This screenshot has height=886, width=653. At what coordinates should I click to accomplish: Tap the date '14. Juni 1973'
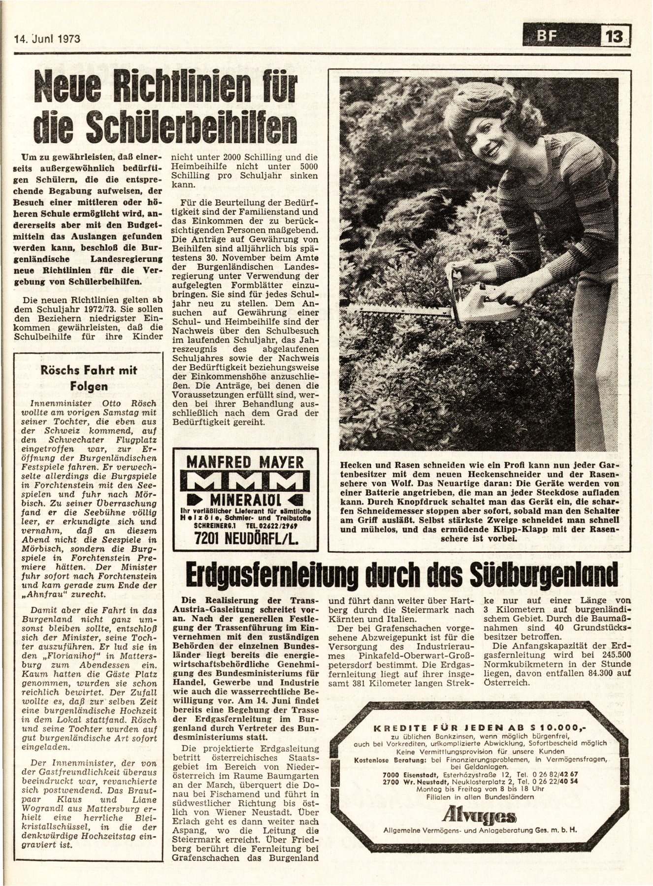(x=44, y=38)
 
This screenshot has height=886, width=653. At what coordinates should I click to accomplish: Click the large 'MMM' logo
(x=245, y=482)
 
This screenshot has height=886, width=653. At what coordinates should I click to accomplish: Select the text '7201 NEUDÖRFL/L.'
(x=245, y=539)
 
